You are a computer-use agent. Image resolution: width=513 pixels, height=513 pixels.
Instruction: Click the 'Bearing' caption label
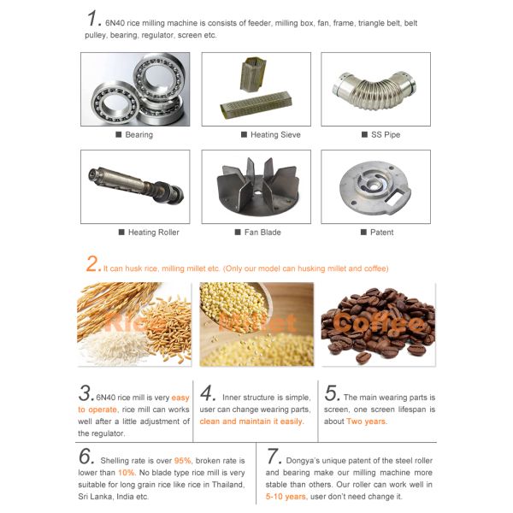(x=139, y=134)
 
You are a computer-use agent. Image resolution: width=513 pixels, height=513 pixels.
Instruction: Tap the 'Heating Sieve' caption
(x=275, y=134)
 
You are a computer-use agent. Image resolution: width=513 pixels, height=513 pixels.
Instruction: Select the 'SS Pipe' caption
(x=386, y=134)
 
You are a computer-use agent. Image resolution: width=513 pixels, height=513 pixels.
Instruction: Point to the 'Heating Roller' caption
(x=153, y=233)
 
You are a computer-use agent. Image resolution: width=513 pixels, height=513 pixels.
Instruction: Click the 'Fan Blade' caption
(x=262, y=233)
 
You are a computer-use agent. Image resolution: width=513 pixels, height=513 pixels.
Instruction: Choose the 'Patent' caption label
(x=382, y=233)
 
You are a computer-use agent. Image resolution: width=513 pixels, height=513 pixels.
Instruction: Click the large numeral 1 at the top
(x=92, y=18)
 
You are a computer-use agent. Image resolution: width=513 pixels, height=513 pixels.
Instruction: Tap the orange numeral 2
(x=92, y=263)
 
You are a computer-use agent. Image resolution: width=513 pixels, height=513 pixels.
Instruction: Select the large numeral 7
(x=273, y=456)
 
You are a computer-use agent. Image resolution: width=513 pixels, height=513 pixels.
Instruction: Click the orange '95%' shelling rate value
(x=183, y=461)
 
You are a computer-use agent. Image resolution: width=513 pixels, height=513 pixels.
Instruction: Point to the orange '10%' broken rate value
(x=127, y=473)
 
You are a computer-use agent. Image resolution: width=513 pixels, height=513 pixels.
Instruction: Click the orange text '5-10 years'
(x=286, y=497)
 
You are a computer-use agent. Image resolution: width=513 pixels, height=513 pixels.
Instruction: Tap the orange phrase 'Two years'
(x=366, y=422)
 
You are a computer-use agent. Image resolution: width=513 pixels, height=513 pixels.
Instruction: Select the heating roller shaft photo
(x=135, y=185)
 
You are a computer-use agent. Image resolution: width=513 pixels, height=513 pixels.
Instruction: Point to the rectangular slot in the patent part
(x=395, y=198)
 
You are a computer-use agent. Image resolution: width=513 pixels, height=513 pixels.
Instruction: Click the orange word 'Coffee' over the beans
(x=379, y=324)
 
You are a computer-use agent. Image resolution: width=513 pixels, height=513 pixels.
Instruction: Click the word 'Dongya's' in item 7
(x=303, y=461)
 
